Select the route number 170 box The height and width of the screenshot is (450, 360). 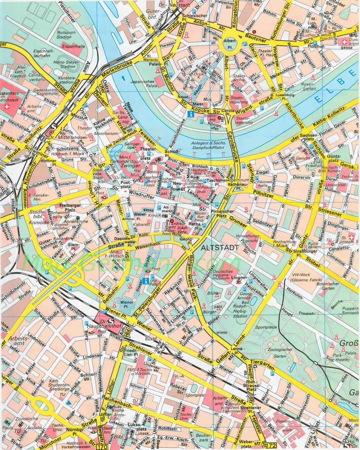click(102, 447)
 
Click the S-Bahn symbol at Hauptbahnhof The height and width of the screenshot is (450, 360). click(111, 322)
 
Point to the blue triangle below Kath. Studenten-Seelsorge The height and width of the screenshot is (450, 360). click(68, 403)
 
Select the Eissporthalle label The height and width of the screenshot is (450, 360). click(73, 46)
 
